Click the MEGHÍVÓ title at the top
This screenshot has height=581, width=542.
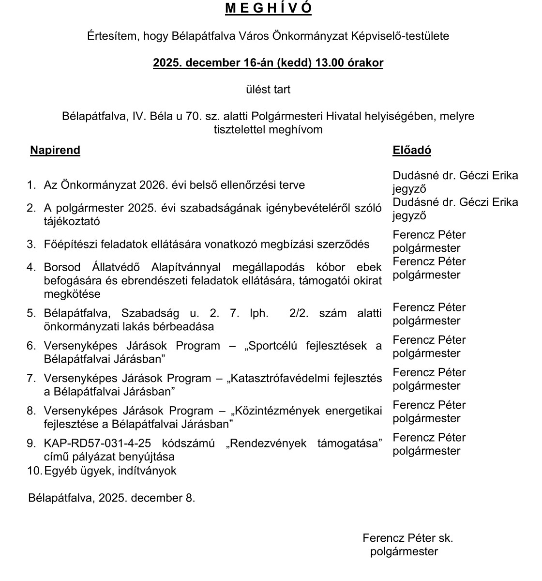(268, 8)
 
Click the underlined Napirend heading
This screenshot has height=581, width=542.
(55, 150)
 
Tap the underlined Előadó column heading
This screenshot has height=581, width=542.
(412, 150)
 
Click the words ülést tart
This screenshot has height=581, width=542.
(268, 90)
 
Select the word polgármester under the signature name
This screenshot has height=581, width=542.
(404, 551)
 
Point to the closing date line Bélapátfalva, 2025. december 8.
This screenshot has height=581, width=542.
(112, 498)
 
